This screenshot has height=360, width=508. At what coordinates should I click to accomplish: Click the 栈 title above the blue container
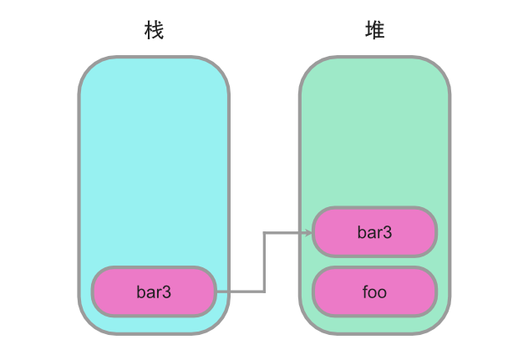153,32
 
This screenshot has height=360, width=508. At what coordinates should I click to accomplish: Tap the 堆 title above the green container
375,32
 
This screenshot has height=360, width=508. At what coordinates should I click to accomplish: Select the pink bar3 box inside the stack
154,292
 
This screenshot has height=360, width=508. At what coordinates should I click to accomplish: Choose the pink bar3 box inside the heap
374,231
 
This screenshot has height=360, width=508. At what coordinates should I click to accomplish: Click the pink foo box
374,292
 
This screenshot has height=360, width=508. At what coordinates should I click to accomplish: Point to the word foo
374,292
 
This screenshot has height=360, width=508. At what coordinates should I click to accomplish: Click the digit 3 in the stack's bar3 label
167,292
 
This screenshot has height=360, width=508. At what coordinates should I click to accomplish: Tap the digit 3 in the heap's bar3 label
388,231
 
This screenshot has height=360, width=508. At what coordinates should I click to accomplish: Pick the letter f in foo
366,292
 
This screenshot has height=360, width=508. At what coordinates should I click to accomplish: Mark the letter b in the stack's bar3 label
140,292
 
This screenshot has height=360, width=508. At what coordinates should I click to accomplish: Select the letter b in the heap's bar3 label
361,231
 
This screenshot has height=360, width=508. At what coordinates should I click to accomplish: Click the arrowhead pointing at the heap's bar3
308,232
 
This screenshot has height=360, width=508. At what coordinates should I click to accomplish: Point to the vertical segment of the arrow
264,262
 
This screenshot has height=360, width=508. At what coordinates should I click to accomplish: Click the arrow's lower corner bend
264,292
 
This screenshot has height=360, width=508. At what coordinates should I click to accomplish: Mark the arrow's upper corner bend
264,232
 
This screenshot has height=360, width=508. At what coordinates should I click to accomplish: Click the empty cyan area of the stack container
154,159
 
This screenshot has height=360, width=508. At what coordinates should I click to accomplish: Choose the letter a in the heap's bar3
371,231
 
